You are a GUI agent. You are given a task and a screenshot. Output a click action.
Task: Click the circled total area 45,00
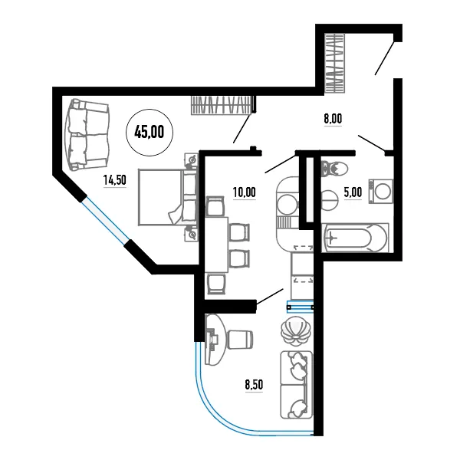point(149,133)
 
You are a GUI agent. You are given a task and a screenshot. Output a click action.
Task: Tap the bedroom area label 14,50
point(115,180)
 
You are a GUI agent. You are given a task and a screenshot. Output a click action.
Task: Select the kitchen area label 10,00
point(244,192)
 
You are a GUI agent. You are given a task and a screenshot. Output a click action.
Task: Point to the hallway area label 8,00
point(333,119)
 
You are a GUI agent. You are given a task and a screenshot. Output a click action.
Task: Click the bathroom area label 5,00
point(353,192)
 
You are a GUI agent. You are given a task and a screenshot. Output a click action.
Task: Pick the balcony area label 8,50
point(254,385)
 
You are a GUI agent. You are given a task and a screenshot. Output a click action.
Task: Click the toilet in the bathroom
point(334,169)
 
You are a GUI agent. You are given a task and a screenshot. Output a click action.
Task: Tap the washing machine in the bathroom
point(381,192)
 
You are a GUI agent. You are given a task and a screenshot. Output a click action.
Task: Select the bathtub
point(355,238)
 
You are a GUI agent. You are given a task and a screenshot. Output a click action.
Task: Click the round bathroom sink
point(329,200)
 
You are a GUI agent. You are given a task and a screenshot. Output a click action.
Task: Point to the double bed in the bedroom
point(167,197)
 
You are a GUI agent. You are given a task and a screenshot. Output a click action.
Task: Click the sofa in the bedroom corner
point(87,135)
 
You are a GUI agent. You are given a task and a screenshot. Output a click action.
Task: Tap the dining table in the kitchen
point(216,245)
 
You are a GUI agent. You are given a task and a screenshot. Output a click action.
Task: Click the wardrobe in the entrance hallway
point(334,64)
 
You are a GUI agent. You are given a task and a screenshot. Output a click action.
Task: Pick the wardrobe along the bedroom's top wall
point(222,105)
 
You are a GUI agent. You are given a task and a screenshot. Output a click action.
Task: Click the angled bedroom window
point(106,220)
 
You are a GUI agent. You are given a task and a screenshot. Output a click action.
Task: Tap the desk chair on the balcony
point(240,340)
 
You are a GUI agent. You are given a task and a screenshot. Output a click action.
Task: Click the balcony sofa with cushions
point(296,385)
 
